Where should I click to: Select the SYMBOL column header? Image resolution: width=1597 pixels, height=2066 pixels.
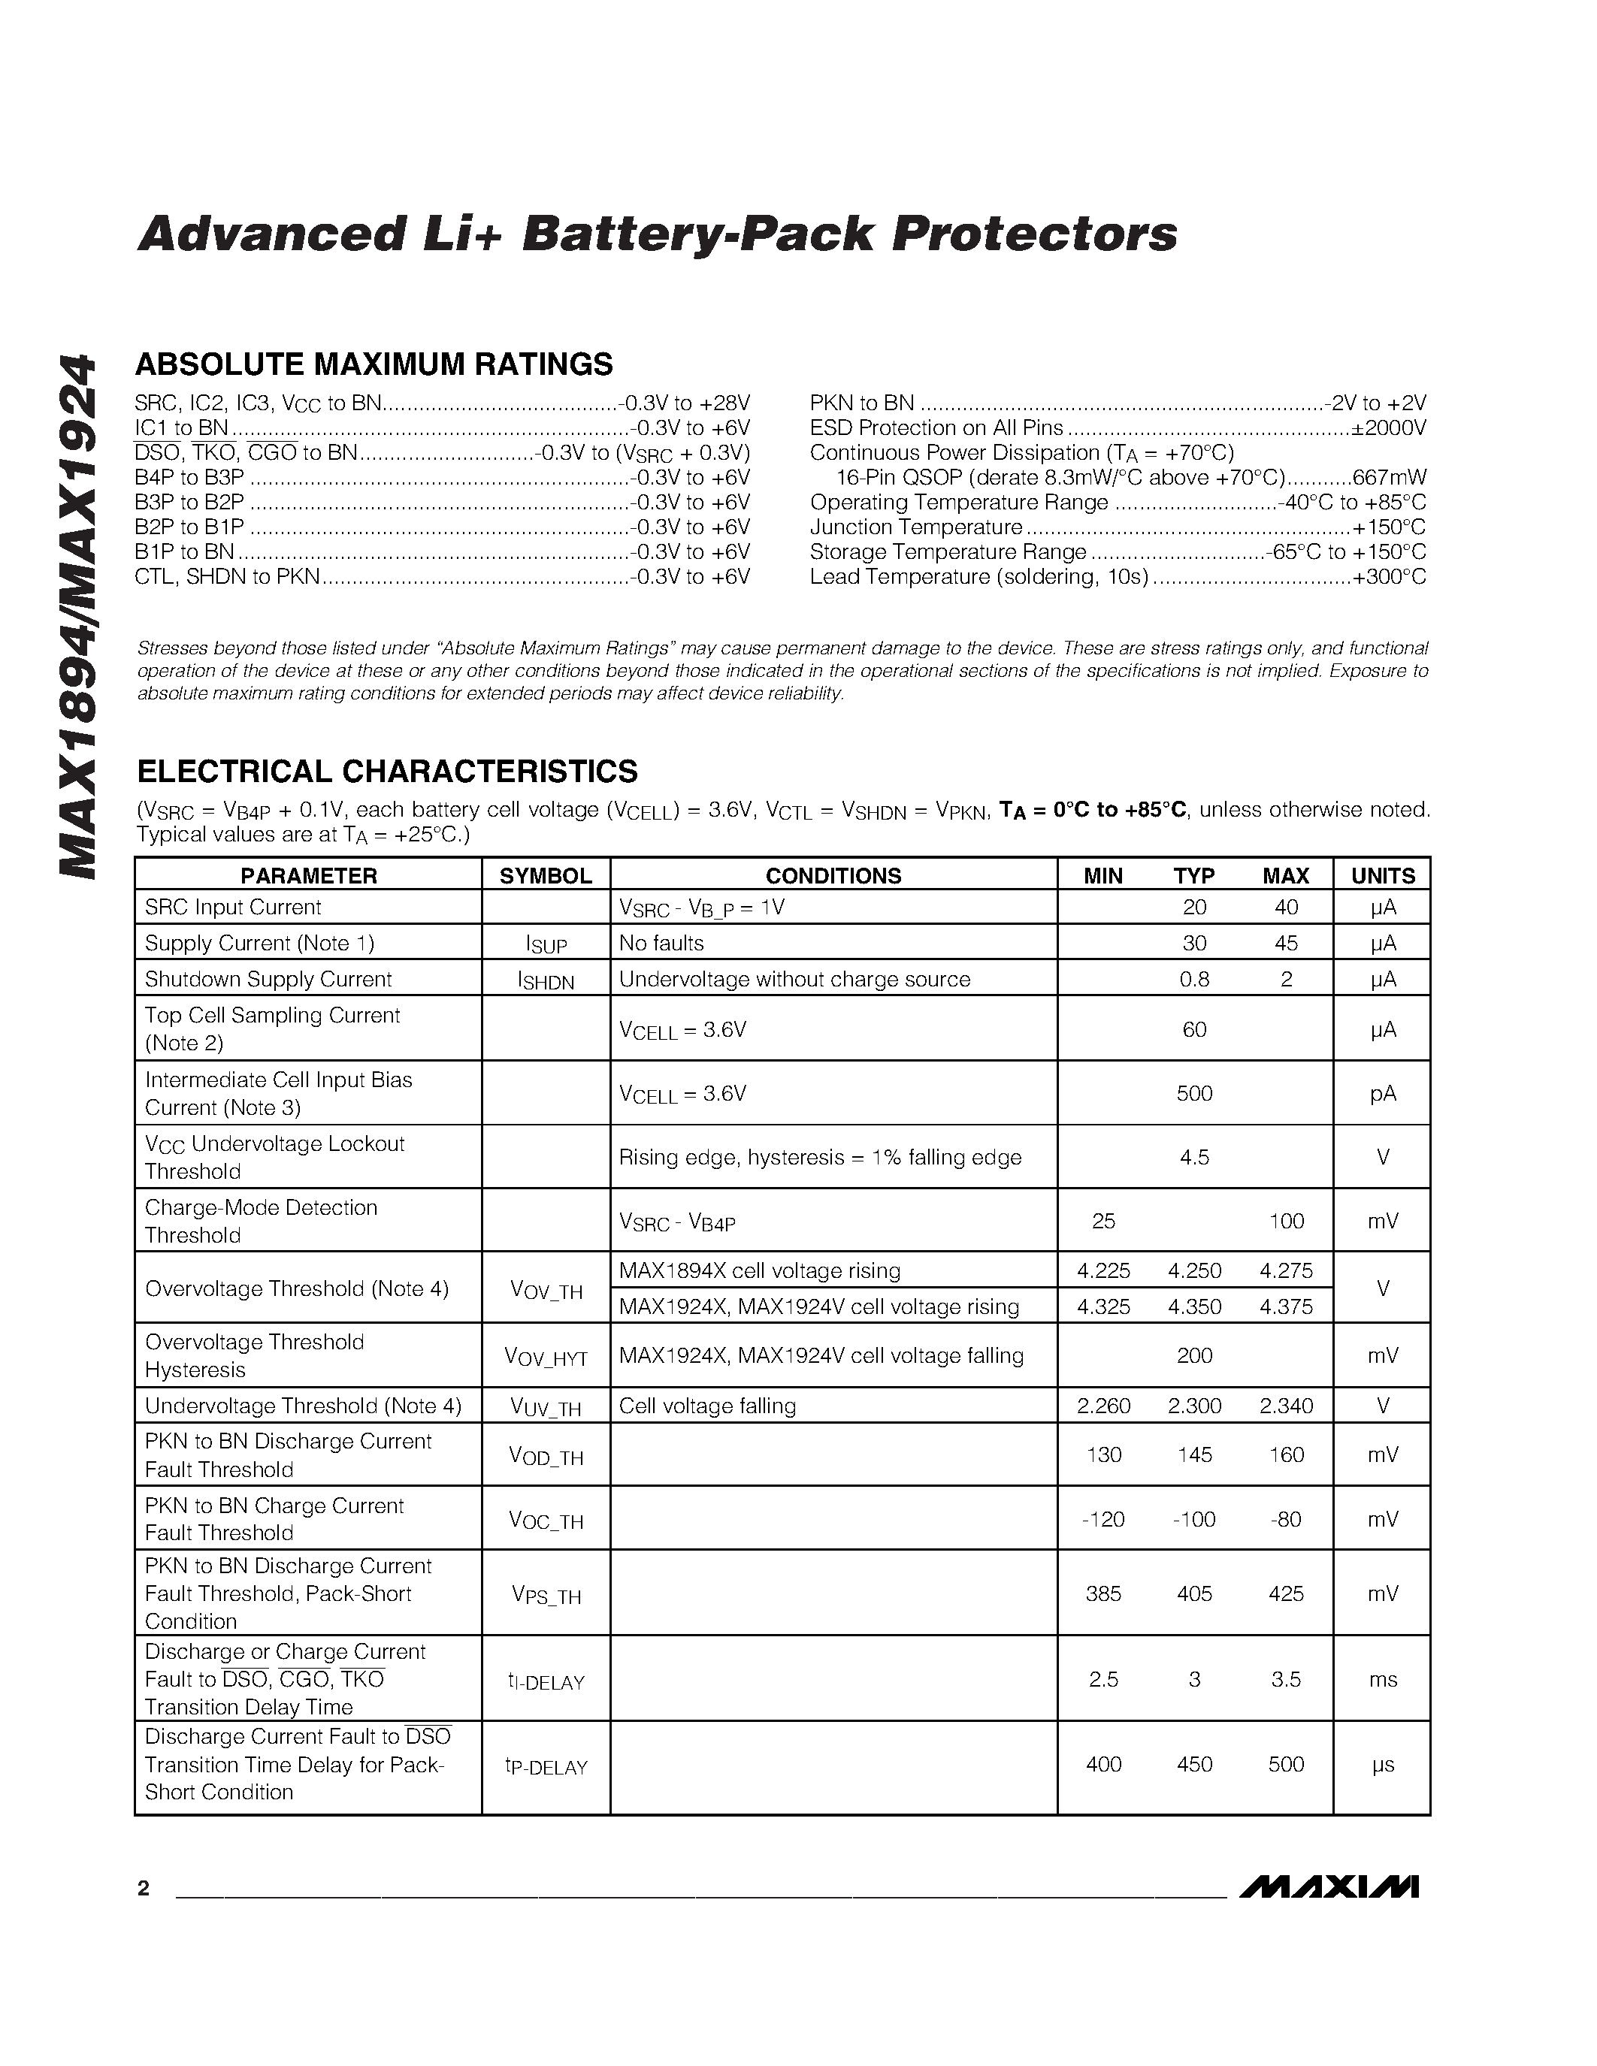pos(545,875)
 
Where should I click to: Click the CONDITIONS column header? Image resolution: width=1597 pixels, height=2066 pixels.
pos(833,875)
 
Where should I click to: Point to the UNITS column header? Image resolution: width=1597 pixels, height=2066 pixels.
pos(1382,875)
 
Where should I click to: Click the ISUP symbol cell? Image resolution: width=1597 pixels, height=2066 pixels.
pos(546,944)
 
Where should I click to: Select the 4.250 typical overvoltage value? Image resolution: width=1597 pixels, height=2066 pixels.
pos(1194,1270)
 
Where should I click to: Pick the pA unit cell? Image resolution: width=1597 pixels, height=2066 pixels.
pos(1382,1094)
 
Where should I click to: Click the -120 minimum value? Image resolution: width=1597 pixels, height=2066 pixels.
pos(1103,1519)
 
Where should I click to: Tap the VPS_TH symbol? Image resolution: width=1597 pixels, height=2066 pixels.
pos(546,1595)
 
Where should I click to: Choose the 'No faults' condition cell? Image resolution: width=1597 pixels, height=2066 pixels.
pos(661,943)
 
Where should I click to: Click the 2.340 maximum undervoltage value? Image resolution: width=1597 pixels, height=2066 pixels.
pos(1286,1406)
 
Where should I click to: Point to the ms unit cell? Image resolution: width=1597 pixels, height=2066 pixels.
pos(1382,1679)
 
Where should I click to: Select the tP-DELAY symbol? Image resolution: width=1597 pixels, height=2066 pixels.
pos(546,1765)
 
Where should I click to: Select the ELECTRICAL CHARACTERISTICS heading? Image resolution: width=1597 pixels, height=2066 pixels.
pos(387,771)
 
